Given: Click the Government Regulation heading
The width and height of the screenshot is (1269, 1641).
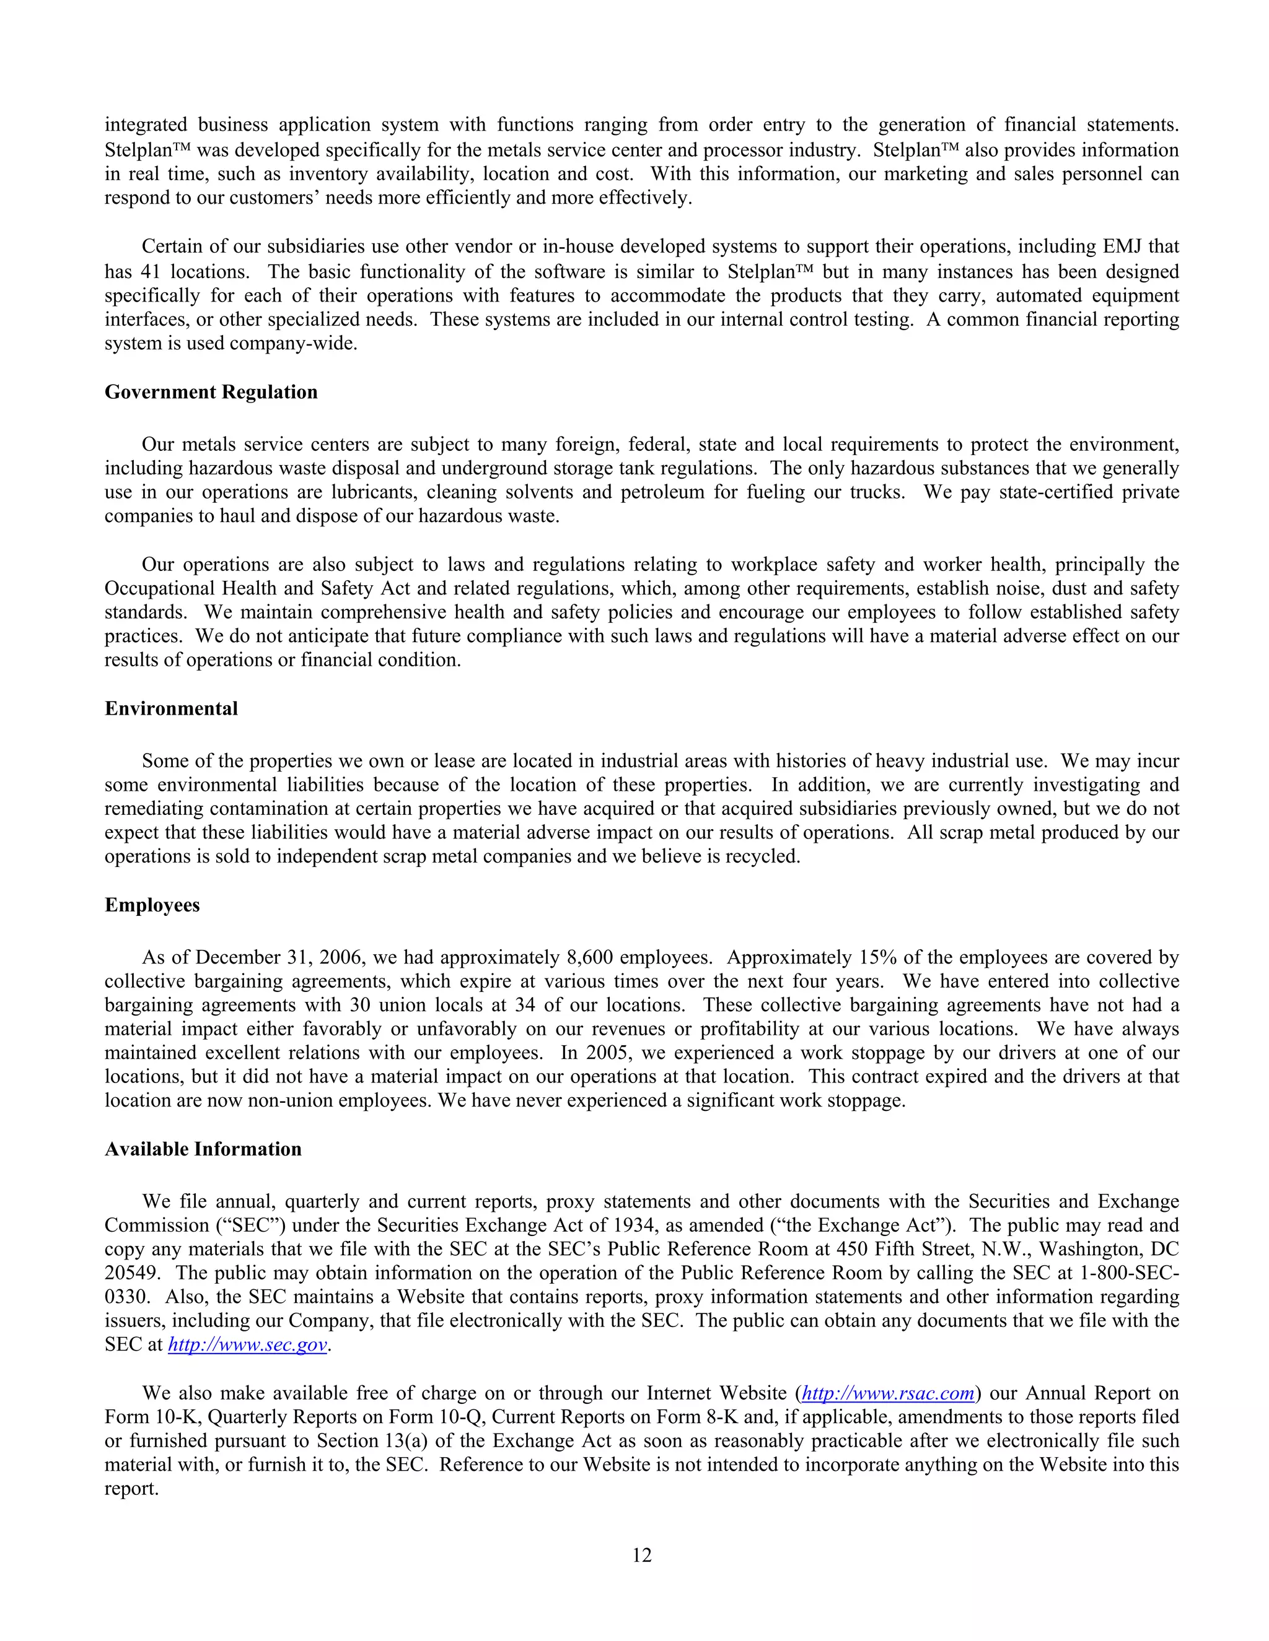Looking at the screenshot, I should point(211,392).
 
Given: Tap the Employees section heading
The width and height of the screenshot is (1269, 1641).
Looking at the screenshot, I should point(152,905).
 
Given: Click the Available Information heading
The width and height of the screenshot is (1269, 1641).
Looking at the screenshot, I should point(203,1149).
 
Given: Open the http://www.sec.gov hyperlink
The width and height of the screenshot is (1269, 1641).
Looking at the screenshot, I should point(247,1344).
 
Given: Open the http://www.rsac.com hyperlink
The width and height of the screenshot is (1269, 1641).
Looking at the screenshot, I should point(888,1393).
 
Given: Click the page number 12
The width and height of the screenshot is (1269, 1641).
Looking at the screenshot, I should point(641,1554).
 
